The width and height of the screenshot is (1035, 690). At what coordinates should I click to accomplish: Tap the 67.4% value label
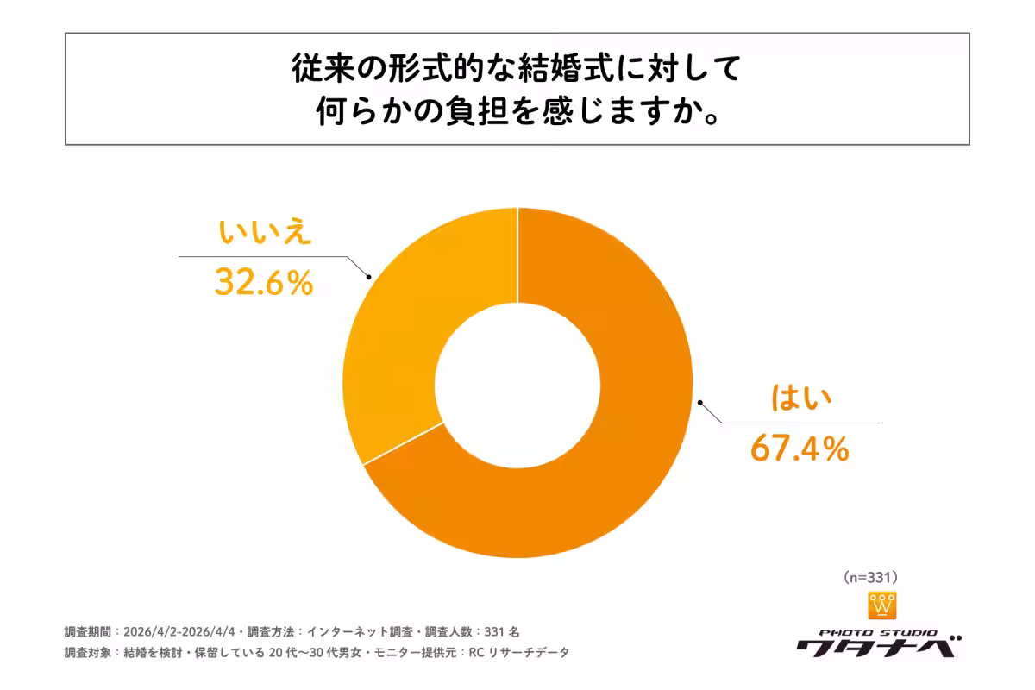click(x=800, y=448)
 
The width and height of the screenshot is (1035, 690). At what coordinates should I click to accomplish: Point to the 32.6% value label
click(x=263, y=282)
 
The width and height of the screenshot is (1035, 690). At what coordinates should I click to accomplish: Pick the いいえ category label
click(x=263, y=235)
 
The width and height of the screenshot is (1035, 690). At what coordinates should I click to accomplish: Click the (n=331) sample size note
click(x=870, y=576)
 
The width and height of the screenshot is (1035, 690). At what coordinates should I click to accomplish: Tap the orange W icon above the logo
click(x=881, y=605)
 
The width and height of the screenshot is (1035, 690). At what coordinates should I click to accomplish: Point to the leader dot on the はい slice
click(x=699, y=402)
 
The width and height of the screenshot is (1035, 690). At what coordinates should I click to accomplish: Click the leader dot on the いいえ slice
click(x=369, y=277)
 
